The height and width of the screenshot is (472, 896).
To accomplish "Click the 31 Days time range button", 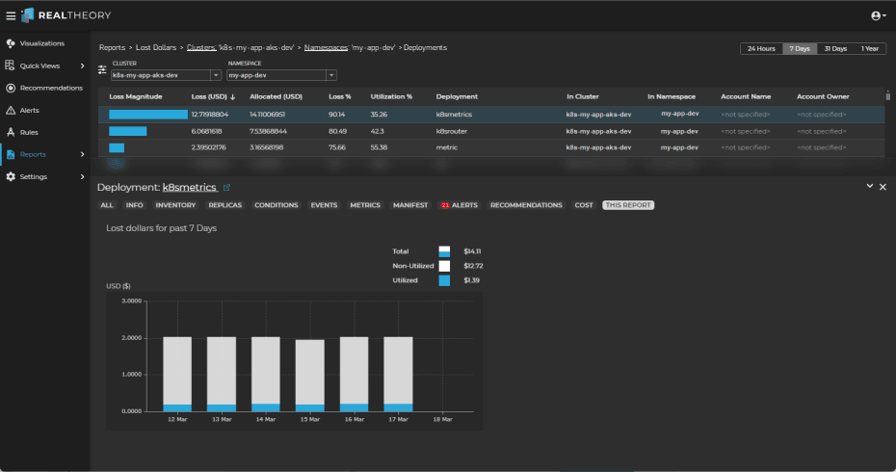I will coord(834,48).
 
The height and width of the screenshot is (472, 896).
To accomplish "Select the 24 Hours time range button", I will coord(759,48).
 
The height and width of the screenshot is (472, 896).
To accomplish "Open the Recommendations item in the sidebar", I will coord(50,88).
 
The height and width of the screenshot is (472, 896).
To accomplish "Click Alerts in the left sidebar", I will coord(29,110).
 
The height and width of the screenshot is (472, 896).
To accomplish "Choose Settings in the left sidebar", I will coord(33,176).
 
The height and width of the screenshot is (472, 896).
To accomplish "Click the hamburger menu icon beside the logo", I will coord(11,15).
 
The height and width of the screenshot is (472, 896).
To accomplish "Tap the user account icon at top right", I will coord(877,15).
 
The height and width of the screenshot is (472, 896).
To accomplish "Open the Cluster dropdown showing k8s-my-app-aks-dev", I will coord(167,74).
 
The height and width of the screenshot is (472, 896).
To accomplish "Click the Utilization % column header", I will coord(390,96).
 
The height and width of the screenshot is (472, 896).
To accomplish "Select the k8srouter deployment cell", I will coord(453,130).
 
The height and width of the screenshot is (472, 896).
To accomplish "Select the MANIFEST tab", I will coord(409,205).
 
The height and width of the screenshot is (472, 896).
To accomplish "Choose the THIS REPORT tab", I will coord(628,205).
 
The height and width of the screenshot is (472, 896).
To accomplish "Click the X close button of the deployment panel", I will coord(883,186).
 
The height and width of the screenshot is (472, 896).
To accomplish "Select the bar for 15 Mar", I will coord(309,375).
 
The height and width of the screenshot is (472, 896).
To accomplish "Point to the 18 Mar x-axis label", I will coord(441,420).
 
